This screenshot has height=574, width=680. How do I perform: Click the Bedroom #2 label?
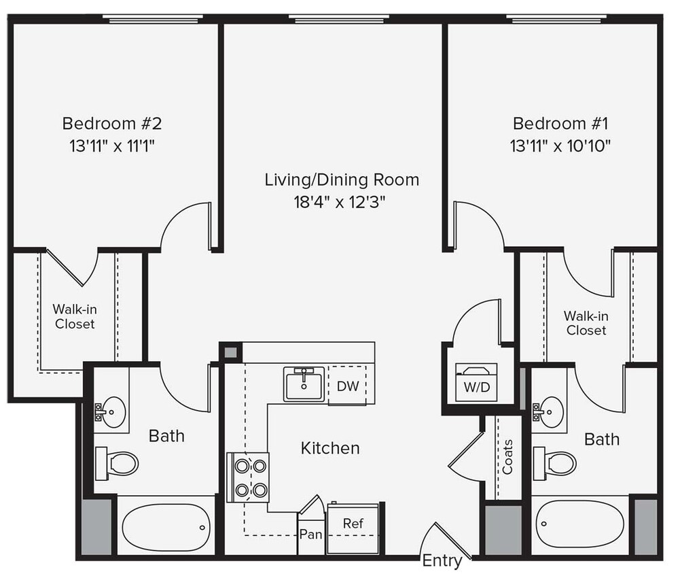coord(112,124)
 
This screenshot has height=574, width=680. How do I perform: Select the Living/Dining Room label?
coord(341,180)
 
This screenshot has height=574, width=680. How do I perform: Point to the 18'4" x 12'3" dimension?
coord(341,202)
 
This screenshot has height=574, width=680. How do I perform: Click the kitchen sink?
coord(304,384)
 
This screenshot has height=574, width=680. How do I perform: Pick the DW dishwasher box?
coord(347,386)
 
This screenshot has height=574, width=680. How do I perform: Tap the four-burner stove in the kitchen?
coord(249,477)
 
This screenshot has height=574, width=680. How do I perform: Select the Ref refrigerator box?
coord(353,524)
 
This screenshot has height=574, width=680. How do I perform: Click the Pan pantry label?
coord(311,534)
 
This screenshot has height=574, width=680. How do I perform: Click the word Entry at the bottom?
coord(442,561)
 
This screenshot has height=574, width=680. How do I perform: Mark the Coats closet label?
coord(507,456)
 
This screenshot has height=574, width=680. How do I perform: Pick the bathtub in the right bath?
coord(579,524)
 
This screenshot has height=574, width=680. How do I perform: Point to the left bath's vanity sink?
coord(111,411)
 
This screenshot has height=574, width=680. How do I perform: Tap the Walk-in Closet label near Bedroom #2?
coord(75,317)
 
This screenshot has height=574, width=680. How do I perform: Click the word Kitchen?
coord(330,448)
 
